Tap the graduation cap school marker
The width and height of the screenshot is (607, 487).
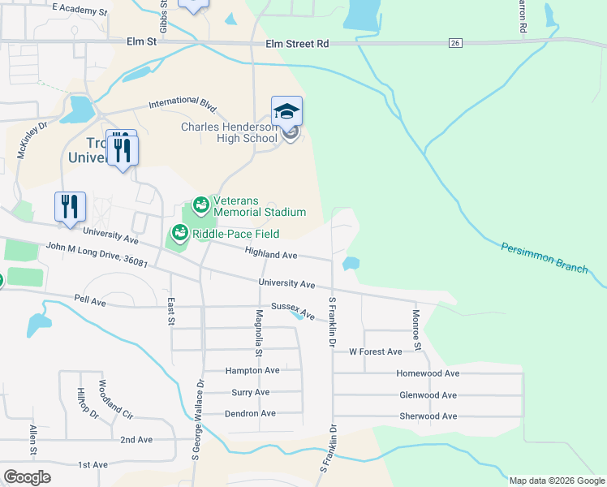pyautogui.click(x=286, y=112)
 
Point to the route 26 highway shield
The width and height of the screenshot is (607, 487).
pyautogui.click(x=455, y=43)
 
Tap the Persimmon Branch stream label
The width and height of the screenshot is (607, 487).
pyautogui.click(x=544, y=257)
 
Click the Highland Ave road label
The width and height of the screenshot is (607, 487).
pyautogui.click(x=271, y=255)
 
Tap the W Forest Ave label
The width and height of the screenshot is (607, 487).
pyautogui.click(x=375, y=352)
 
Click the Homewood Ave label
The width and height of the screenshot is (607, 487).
pyautogui.click(x=428, y=373)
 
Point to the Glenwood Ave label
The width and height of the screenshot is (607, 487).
pyautogui.click(x=428, y=395)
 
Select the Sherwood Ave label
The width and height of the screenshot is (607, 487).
pyautogui.click(x=428, y=416)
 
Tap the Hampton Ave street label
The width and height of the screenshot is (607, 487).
pyautogui.click(x=252, y=370)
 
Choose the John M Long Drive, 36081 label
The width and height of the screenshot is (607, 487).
pyautogui.click(x=97, y=255)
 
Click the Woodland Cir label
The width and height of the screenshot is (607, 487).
pyautogui.click(x=114, y=398)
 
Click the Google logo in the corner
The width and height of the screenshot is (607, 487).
pyautogui.click(x=27, y=477)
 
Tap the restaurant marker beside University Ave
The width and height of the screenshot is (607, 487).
pyautogui.click(x=70, y=208)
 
